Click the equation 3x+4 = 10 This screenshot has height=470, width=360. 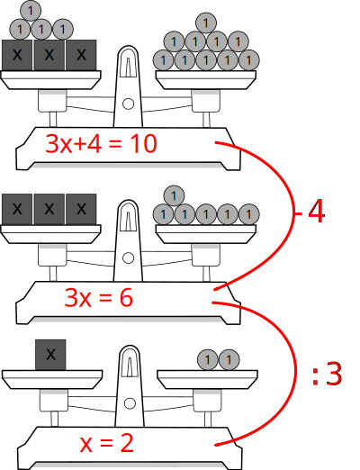pos(101,144)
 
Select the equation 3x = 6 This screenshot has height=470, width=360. pos(98,298)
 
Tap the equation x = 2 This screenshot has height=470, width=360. pos(106,444)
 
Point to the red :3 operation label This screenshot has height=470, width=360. pos(327,374)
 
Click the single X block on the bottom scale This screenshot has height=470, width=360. pos(50,355)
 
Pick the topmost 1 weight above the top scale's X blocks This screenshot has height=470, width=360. pos(31,11)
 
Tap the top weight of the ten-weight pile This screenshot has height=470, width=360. pos(206,23)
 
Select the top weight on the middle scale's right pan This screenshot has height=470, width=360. pos(174,196)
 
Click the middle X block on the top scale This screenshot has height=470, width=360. pos(49,55)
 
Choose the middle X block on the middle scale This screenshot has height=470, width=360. pos(49,209)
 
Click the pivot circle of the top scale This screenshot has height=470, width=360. pos(129,104)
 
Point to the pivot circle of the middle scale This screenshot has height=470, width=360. pos(129,258)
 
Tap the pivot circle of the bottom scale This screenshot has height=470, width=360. pos(130,403)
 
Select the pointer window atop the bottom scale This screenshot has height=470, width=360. pos(130,362)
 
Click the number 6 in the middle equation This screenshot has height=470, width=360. pos(126,298)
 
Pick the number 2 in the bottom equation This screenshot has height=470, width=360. pos(127,444)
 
